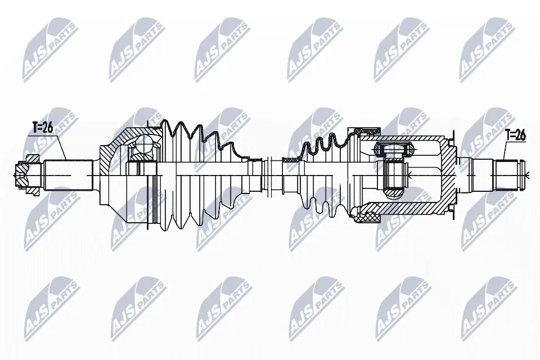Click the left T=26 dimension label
coord(42,128)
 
